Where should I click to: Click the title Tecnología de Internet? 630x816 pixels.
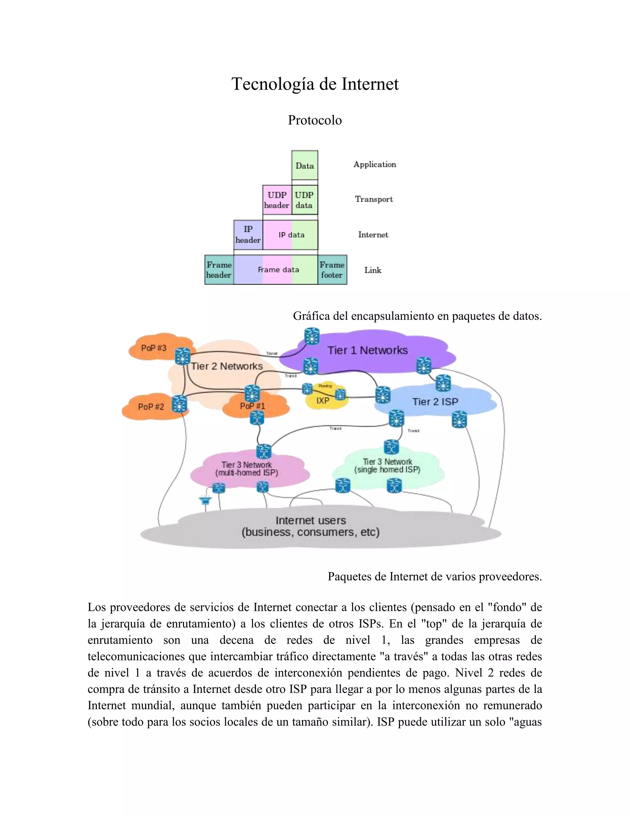click(315, 84)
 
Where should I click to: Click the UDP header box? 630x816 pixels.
click(277, 200)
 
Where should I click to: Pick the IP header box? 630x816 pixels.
click(248, 235)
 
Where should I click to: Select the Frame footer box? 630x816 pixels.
click(332, 270)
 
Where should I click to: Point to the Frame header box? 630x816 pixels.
click(219, 270)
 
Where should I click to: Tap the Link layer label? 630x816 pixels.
click(373, 270)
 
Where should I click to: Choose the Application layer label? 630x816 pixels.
click(374, 164)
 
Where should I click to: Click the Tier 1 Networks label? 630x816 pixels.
click(367, 350)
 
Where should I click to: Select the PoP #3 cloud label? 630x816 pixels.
click(154, 348)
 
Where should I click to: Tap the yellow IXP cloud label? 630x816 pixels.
click(323, 401)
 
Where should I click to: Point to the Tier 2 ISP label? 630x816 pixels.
click(435, 402)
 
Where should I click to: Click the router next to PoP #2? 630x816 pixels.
click(179, 404)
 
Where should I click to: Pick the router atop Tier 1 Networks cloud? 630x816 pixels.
click(312, 336)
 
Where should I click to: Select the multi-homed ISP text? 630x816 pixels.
click(247, 473)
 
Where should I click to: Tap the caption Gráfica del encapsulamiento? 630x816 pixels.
click(417, 316)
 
